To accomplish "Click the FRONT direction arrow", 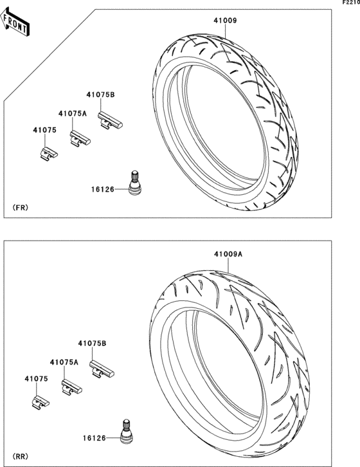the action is [15, 23].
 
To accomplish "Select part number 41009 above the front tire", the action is [225, 21].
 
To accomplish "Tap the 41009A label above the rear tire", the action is [228, 254].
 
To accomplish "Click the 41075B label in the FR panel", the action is [100, 95].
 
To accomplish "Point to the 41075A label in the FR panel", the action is [73, 113].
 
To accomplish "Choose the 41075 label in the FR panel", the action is [44, 130].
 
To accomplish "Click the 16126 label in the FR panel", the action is [103, 189].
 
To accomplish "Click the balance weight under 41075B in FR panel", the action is [110, 120].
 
